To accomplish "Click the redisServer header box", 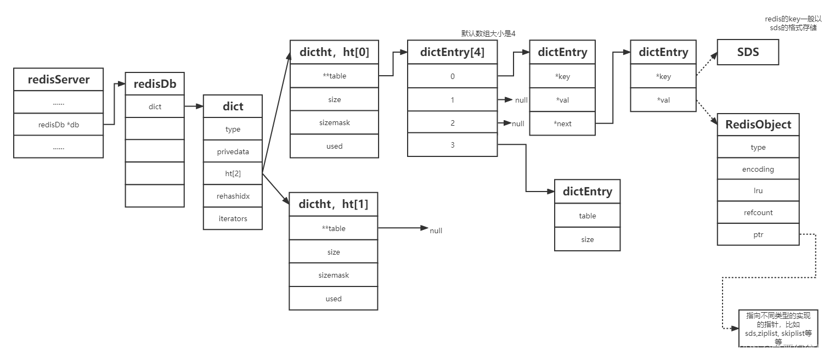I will click(58, 80).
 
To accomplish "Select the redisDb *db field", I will click(58, 125).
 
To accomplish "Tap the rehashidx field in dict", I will click(233, 196).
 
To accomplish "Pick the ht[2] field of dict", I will click(233, 173).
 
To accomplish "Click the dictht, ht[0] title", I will click(334, 52).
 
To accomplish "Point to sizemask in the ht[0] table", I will click(334, 122).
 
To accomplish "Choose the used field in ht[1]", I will click(334, 299).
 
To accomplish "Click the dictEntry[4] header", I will click(452, 52).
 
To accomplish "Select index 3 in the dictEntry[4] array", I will click(452, 145).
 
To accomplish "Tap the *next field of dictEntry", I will click(562, 123).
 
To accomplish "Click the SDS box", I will click(748, 53).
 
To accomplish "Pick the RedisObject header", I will click(758, 125).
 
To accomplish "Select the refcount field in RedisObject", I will click(758, 212).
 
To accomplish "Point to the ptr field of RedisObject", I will click(758, 234).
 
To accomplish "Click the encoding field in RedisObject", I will click(758, 169).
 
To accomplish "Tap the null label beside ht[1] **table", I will click(436, 230).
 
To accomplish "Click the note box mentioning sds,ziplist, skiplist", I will click(778, 328).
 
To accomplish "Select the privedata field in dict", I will click(233, 151).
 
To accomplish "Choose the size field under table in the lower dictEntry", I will click(587, 239).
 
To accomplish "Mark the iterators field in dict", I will click(233, 218).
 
